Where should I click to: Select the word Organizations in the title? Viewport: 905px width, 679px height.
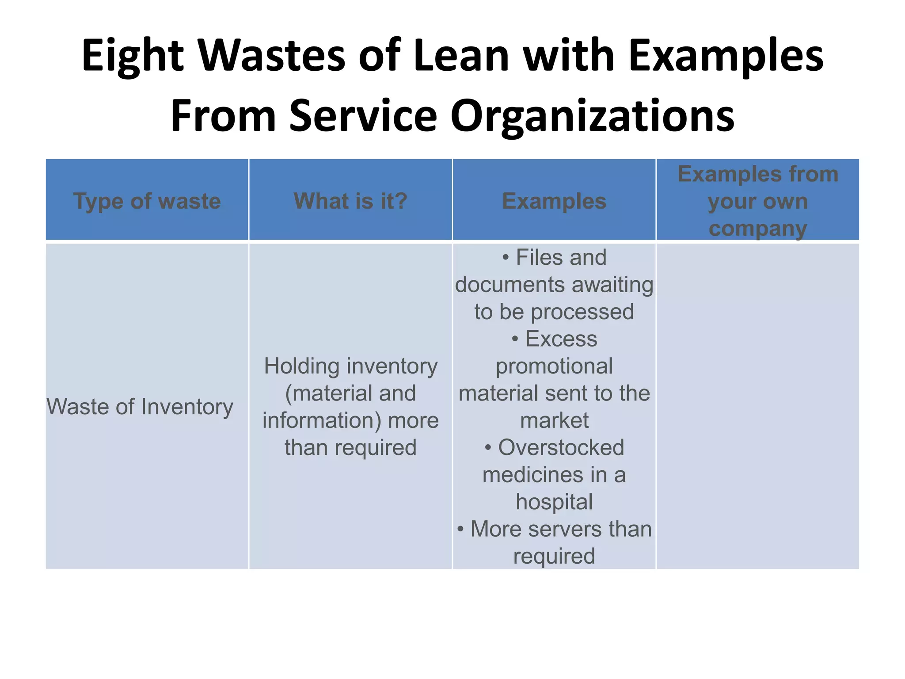(593, 116)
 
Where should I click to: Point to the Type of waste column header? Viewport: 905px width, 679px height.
(147, 201)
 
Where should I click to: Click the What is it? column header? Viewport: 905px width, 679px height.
(350, 201)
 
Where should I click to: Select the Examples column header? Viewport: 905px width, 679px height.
(554, 201)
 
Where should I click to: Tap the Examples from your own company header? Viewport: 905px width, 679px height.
(758, 201)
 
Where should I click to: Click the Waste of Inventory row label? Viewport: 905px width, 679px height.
(140, 407)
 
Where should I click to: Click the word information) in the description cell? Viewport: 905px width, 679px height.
(322, 420)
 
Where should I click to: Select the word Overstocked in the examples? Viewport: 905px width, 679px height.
(561, 448)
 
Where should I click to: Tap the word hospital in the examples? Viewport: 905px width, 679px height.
(554, 502)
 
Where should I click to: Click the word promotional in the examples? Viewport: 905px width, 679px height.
(554, 366)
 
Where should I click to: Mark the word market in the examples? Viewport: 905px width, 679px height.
(554, 420)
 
